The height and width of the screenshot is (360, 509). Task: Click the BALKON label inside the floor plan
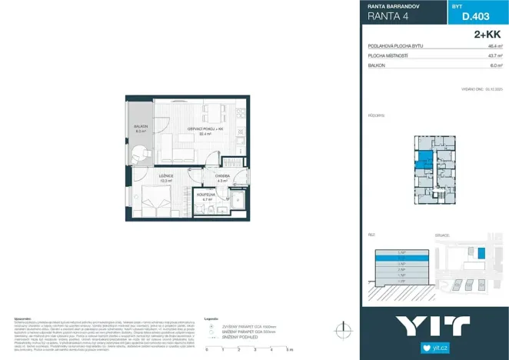[x=141, y=126]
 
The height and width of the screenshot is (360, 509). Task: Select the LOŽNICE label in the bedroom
[x=165, y=177]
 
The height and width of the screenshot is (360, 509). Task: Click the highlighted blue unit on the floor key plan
[x=424, y=159]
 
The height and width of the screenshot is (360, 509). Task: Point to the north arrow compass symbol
[x=339, y=328]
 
